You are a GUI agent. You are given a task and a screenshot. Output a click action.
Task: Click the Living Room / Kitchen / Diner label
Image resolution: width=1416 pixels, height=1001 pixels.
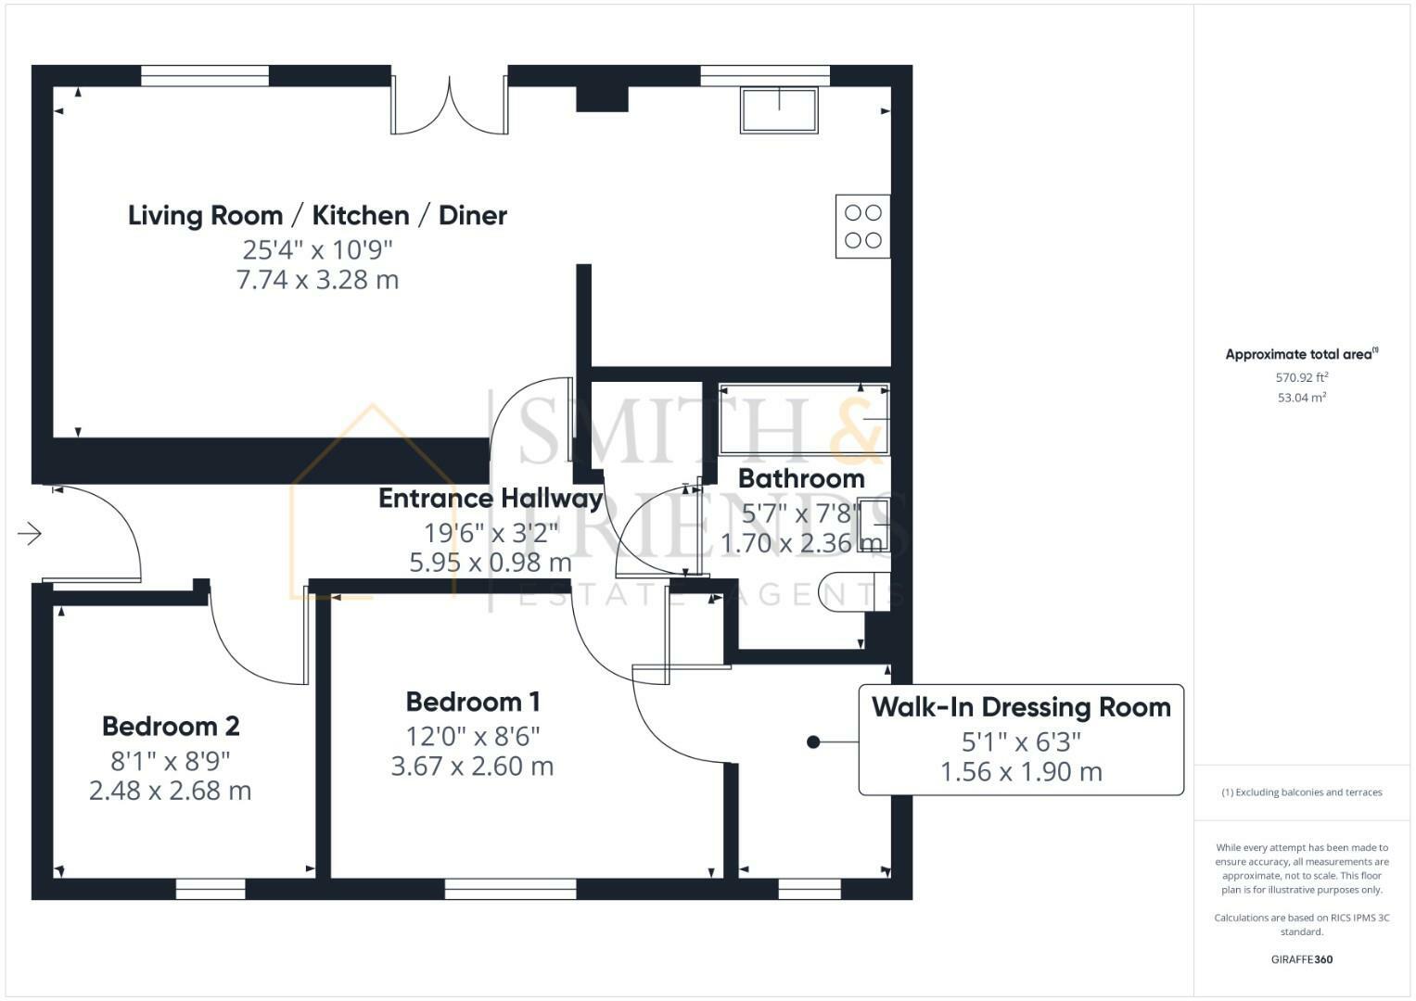point(317,215)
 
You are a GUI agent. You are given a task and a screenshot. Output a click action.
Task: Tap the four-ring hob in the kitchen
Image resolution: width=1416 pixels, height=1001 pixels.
point(862,226)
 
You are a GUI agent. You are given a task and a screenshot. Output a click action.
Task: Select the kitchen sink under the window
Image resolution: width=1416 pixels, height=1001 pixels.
point(779,110)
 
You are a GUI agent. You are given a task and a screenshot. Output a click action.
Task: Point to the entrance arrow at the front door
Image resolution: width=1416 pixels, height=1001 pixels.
point(30,534)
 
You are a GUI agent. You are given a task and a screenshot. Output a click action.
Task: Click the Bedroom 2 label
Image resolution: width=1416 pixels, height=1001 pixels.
point(171,726)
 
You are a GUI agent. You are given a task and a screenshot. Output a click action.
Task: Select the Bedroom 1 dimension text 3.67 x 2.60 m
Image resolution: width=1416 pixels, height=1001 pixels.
point(472,767)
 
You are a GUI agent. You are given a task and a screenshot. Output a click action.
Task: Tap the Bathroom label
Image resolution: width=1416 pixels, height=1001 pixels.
point(801,478)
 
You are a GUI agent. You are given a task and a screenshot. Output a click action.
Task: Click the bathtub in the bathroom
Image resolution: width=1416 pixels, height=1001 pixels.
point(803,420)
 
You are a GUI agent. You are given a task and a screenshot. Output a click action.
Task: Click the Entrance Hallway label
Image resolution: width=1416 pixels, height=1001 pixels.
point(491,499)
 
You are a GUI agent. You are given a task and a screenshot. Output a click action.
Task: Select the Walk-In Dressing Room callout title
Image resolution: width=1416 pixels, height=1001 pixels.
point(1021,707)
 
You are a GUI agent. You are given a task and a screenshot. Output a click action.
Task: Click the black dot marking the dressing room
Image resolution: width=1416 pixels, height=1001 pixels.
point(813,741)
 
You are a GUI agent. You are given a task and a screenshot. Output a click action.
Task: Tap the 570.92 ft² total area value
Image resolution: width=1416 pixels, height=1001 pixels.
point(1301,377)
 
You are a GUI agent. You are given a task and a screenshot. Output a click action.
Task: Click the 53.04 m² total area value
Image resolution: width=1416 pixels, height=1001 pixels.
point(1301,398)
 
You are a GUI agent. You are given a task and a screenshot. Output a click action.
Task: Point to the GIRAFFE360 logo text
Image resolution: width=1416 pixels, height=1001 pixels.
point(1301,959)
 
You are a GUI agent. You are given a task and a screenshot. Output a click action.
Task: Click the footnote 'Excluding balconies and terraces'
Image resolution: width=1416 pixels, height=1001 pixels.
point(1301,792)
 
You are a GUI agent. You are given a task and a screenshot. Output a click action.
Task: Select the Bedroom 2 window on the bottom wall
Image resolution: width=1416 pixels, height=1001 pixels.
point(210,890)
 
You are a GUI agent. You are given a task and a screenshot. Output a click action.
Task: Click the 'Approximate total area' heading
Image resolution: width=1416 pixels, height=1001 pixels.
point(1301,354)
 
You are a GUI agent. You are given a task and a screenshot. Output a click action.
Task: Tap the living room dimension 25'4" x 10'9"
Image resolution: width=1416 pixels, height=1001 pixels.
point(317,249)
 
